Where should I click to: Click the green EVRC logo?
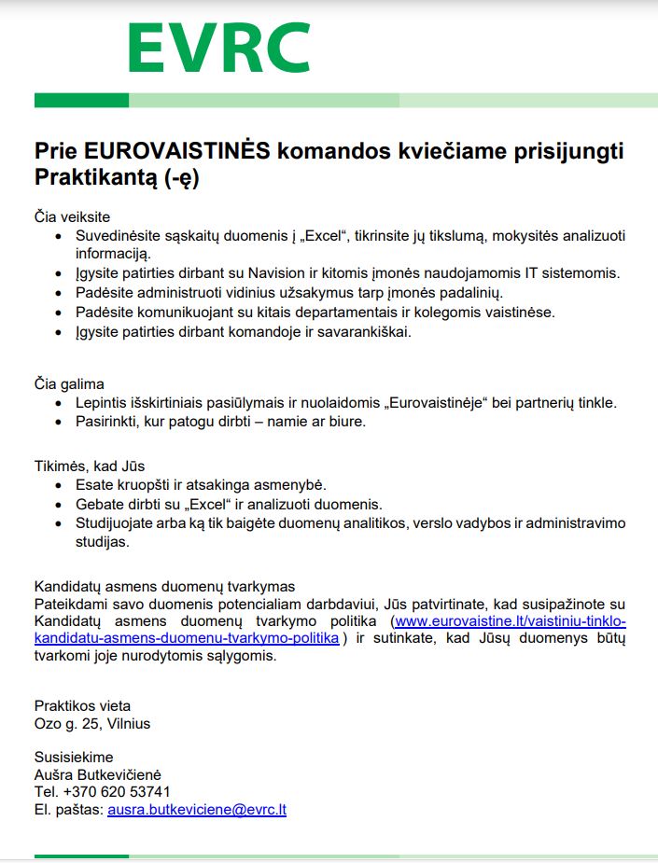click(x=218, y=48)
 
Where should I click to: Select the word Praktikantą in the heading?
click(x=96, y=176)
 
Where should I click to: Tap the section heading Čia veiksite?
click(x=72, y=216)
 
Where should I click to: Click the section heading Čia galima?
click(x=69, y=383)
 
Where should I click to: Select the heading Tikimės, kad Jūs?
click(x=90, y=466)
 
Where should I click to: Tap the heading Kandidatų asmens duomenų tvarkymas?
click(x=164, y=586)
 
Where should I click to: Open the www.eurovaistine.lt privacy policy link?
click(x=510, y=621)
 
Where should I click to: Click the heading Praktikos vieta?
click(x=82, y=704)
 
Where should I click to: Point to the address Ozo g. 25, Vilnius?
click(x=92, y=723)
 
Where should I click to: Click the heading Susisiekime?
click(x=74, y=757)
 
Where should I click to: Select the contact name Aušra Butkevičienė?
click(x=103, y=775)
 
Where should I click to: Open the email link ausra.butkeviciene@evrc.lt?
click(x=197, y=810)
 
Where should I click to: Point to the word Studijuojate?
click(x=119, y=522)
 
